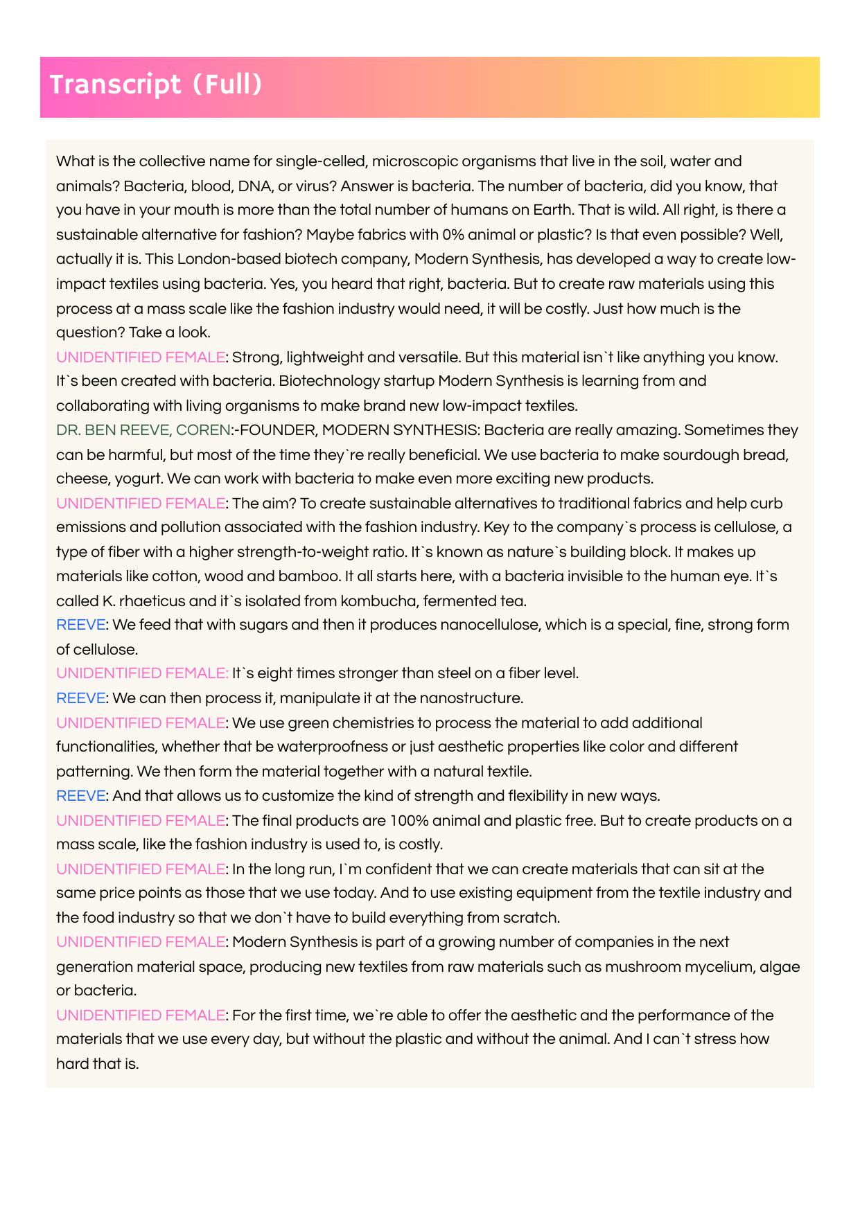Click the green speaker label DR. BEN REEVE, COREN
click(x=143, y=430)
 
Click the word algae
click(x=781, y=967)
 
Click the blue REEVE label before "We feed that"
click(x=80, y=625)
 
